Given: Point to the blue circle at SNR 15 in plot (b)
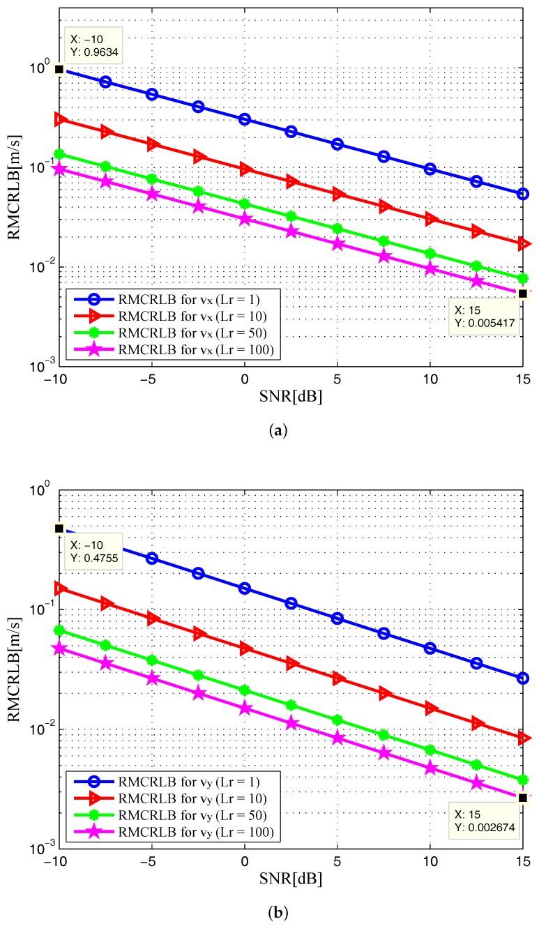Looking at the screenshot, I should point(522,678).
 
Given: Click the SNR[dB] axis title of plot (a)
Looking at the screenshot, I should point(291,396).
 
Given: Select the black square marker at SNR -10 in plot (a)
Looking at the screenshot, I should point(59,69).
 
